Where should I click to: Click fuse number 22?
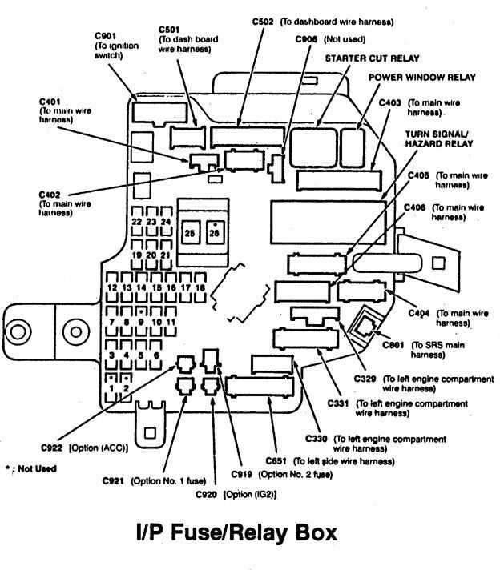138,221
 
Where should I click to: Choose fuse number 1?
111,387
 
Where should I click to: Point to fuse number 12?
112,287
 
